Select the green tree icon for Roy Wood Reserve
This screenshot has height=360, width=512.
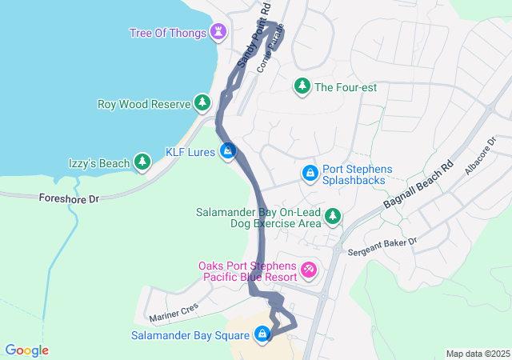pyautogui.click(x=202, y=103)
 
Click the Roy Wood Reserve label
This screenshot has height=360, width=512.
pyautogui.click(x=143, y=104)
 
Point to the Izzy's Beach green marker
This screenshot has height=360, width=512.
pyautogui.click(x=142, y=163)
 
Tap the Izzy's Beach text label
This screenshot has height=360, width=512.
pyautogui.click(x=99, y=164)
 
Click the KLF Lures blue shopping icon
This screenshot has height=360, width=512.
pyautogui.click(x=228, y=150)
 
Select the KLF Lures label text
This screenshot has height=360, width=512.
pyautogui.click(x=190, y=151)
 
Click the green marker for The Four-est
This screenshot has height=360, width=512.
pyautogui.click(x=302, y=86)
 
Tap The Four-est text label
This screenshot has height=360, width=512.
pyautogui.click(x=345, y=87)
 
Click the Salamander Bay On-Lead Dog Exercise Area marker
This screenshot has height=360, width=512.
pyautogui.click(x=332, y=216)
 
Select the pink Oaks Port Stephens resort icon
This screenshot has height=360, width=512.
pyautogui.click(x=309, y=270)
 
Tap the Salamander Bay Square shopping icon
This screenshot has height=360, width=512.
pyautogui.click(x=262, y=334)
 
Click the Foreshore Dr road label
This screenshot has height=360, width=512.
pyautogui.click(x=68, y=197)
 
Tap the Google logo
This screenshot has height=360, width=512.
pyautogui.click(x=27, y=350)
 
